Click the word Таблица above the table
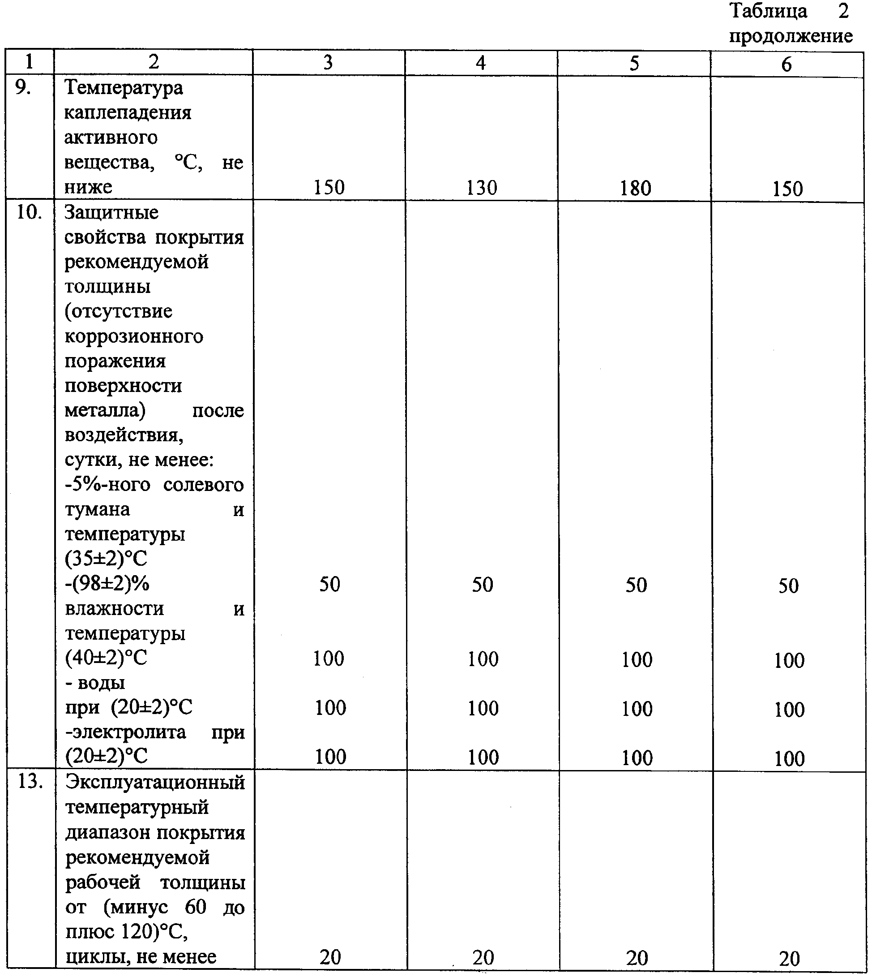(769, 11)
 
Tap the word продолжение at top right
(791, 36)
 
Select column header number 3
(328, 62)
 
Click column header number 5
(634, 63)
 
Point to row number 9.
(23, 87)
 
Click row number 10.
(29, 212)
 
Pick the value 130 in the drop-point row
(482, 187)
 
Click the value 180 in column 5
(635, 188)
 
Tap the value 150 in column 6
(787, 189)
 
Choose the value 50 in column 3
(329, 584)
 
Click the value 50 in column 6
(789, 586)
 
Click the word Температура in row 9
(124, 88)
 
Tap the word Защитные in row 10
(111, 212)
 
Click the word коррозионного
(134, 336)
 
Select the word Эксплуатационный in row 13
(155, 783)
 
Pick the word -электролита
(125, 732)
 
